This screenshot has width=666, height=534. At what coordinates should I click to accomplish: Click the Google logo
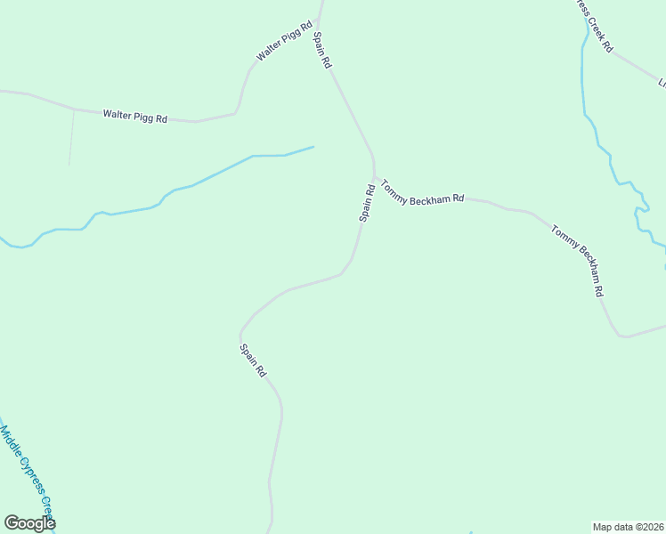click(x=29, y=523)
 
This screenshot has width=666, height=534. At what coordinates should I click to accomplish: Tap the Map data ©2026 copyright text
click(x=629, y=526)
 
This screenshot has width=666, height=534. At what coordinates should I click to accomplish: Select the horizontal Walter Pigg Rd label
click(x=134, y=116)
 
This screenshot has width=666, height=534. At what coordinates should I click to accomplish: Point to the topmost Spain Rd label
click(x=321, y=51)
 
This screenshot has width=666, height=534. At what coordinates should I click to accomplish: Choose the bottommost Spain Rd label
click(x=253, y=360)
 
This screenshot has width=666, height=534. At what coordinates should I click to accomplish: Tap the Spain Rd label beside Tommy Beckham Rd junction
click(x=366, y=203)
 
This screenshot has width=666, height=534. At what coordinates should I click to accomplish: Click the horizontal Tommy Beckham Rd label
click(x=423, y=193)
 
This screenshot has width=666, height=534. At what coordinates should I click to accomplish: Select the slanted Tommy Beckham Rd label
click(x=578, y=261)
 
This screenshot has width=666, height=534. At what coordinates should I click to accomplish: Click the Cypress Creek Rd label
click(x=593, y=25)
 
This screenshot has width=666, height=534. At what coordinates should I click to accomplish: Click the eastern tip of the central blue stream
click(x=313, y=147)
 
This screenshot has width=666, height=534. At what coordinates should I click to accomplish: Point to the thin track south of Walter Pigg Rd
click(x=71, y=138)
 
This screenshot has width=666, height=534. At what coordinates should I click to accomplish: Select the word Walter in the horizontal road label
click(x=118, y=114)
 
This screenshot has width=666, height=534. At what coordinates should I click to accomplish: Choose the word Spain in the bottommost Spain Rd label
click(x=249, y=355)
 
